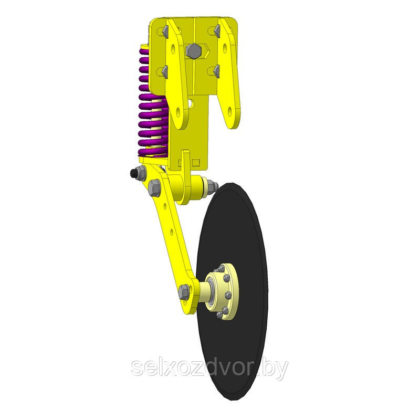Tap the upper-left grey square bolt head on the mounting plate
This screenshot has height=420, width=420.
click(x=165, y=31)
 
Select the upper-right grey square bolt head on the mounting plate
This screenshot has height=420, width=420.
click(x=216, y=31)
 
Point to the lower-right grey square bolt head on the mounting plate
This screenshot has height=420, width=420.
click(x=216, y=71)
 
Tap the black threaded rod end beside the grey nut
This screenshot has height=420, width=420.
click(x=133, y=173)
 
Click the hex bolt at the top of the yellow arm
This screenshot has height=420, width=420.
click(x=154, y=188)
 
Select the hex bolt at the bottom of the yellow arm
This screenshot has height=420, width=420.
click(x=184, y=292)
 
